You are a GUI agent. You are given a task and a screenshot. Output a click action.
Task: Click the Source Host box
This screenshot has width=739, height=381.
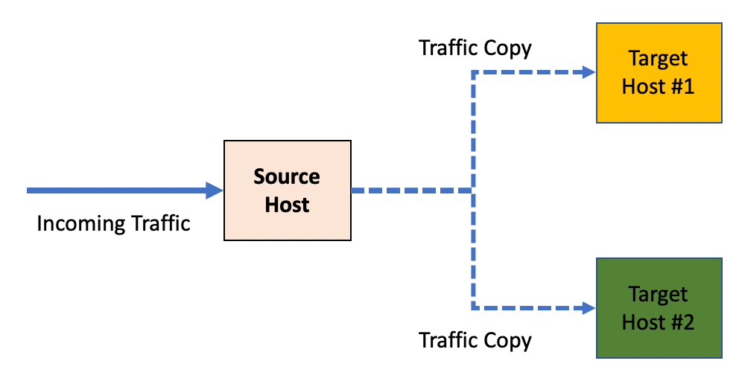(x=287, y=190)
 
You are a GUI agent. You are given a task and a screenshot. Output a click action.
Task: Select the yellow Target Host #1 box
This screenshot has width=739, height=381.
(x=659, y=72)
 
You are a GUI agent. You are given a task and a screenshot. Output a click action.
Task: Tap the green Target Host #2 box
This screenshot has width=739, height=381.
(x=659, y=308)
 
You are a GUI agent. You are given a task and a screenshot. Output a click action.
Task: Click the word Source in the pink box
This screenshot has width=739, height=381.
(x=287, y=177)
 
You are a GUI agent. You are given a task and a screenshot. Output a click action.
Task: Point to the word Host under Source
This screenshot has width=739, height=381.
(x=287, y=204)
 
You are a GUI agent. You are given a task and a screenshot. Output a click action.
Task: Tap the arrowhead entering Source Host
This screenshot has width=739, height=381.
(x=215, y=190)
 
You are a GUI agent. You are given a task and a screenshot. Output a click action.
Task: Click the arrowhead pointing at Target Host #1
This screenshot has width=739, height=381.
(x=589, y=72)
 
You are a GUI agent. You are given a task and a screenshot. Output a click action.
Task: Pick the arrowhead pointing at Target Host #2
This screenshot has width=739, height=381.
(x=589, y=307)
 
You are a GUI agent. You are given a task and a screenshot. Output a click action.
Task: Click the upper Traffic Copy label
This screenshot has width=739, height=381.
(x=475, y=49)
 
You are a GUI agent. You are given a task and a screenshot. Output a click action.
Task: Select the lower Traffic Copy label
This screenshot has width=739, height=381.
(x=475, y=341)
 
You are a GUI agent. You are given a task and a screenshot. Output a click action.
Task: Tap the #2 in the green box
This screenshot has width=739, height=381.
(x=679, y=322)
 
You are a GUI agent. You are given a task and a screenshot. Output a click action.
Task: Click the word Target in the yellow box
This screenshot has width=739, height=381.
(x=659, y=59)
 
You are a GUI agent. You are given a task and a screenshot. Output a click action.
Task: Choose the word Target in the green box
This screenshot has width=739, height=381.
(x=659, y=295)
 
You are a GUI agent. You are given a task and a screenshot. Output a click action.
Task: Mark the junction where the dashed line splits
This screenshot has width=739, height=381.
(x=472, y=190)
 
